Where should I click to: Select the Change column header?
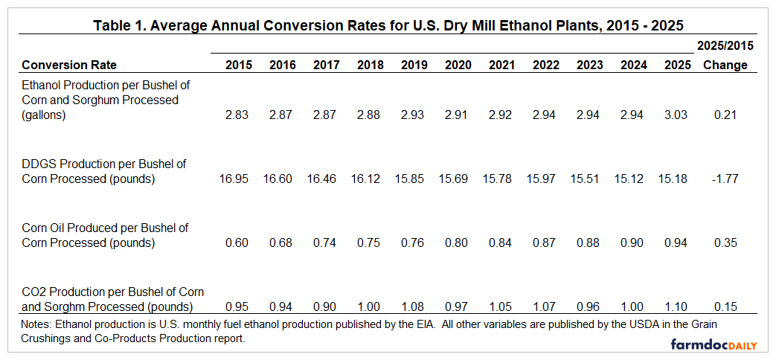pos(725,65)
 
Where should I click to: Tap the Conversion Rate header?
pos(69,65)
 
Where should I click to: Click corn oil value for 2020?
pos(458,242)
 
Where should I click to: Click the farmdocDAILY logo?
pos(714,344)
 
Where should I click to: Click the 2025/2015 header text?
pos(725,45)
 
